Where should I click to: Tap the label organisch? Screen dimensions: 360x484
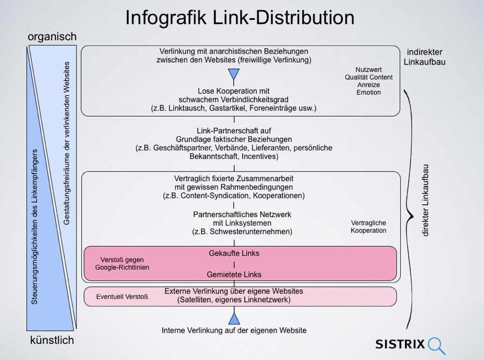(x=52, y=37)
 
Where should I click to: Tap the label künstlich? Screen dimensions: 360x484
(x=52, y=341)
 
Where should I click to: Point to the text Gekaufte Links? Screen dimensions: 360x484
(x=233, y=253)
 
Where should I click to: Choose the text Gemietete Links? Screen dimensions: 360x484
(x=233, y=275)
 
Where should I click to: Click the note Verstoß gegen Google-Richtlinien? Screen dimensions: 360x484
(x=122, y=263)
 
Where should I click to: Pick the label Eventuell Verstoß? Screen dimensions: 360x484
(x=122, y=296)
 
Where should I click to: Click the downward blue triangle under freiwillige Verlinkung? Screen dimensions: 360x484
(x=233, y=74)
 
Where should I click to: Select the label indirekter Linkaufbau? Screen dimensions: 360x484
(x=425, y=57)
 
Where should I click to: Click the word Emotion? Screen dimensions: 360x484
(x=368, y=92)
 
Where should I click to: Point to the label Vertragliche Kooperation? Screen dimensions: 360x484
(x=368, y=226)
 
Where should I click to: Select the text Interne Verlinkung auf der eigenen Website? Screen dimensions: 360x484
(x=234, y=330)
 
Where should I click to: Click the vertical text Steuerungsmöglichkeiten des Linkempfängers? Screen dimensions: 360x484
(x=34, y=227)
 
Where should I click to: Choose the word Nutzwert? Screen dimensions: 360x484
(x=368, y=70)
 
